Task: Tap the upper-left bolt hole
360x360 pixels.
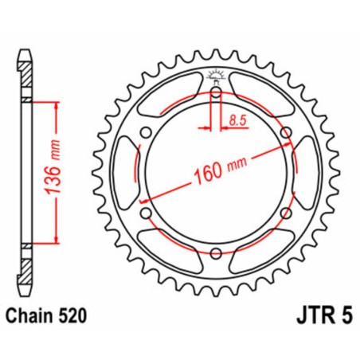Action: pyautogui.click(x=147, y=133)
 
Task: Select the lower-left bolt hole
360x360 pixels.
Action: pyautogui.click(x=147, y=213)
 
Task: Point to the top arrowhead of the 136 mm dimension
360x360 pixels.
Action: pyautogui.click(x=56, y=108)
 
